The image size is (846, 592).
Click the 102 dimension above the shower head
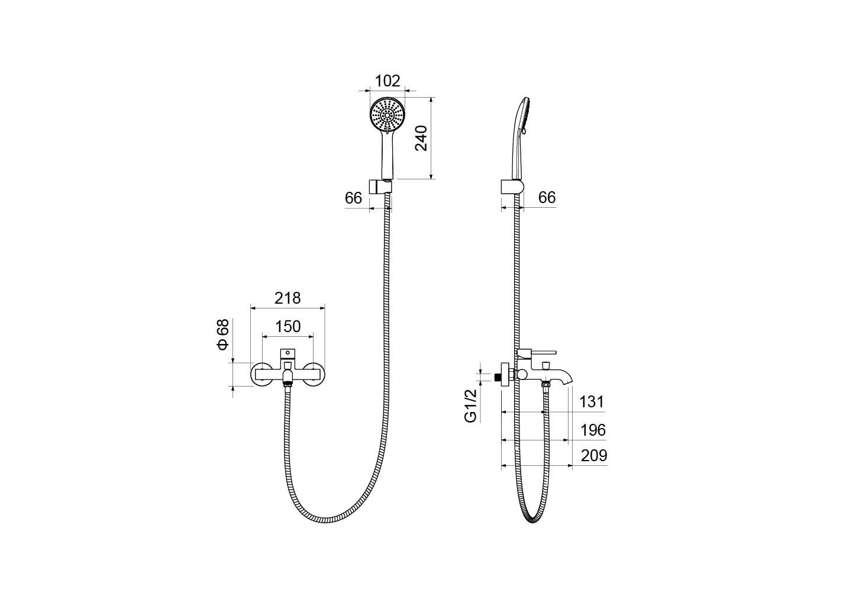387,81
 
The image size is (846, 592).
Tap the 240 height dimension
421,139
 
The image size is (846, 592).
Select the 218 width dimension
288,298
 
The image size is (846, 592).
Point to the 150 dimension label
288,327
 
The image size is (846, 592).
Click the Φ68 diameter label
223,334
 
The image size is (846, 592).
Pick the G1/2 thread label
470,406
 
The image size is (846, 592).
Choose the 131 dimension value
592,402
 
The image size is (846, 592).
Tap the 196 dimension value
593,430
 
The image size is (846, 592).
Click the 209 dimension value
594,456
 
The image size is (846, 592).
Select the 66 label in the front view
353,198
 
